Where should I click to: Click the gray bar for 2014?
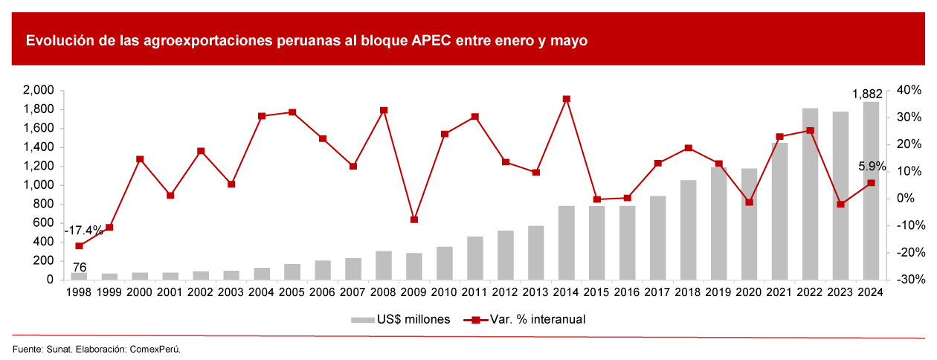point(567,242)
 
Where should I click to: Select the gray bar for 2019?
point(718,224)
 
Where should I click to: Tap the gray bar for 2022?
point(811,194)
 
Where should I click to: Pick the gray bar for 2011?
point(475,258)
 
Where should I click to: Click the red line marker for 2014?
point(567,99)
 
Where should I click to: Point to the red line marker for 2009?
point(414,219)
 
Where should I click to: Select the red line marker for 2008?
point(384,111)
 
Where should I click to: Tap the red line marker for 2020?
point(749,202)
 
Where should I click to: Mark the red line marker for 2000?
point(140,159)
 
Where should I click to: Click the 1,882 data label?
point(867,94)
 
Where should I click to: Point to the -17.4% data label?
point(83,231)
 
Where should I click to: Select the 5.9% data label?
point(872,167)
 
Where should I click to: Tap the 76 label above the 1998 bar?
point(80,267)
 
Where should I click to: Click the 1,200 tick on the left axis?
point(39,166)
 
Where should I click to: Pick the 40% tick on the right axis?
point(909,90)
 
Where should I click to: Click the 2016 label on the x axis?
point(627,292)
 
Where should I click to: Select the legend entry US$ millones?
point(400,319)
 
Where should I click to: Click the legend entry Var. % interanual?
point(524,319)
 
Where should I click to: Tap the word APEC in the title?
point(431,41)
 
